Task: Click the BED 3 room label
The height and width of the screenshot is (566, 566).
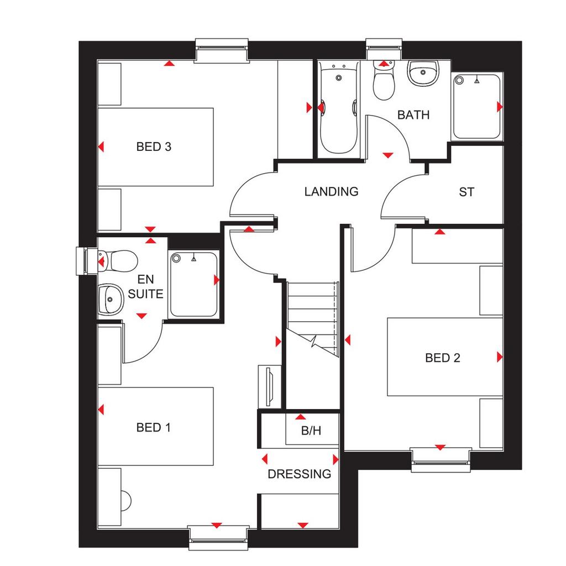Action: (154, 146)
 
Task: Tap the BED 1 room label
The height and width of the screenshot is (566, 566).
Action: (154, 427)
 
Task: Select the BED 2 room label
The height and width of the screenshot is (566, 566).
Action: (443, 358)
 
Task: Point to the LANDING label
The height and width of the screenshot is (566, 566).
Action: (331, 191)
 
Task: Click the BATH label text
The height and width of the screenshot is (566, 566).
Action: (413, 115)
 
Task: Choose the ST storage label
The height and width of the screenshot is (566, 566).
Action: (467, 192)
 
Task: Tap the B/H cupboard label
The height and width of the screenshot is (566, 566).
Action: (311, 430)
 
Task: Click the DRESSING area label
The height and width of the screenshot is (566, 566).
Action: (299, 474)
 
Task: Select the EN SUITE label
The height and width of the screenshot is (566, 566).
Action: (145, 287)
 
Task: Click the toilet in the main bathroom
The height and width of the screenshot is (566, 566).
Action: (384, 81)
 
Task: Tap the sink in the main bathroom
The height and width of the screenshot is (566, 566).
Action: (423, 74)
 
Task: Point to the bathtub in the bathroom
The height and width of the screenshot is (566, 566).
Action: (338, 108)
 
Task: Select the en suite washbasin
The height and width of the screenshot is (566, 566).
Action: (111, 299)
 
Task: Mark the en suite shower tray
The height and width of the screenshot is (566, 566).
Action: (193, 285)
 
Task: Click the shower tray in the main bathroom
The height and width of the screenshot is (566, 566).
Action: (477, 107)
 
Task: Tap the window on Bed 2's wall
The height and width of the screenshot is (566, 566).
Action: (441, 460)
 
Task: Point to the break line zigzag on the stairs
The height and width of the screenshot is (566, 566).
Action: (313, 340)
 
